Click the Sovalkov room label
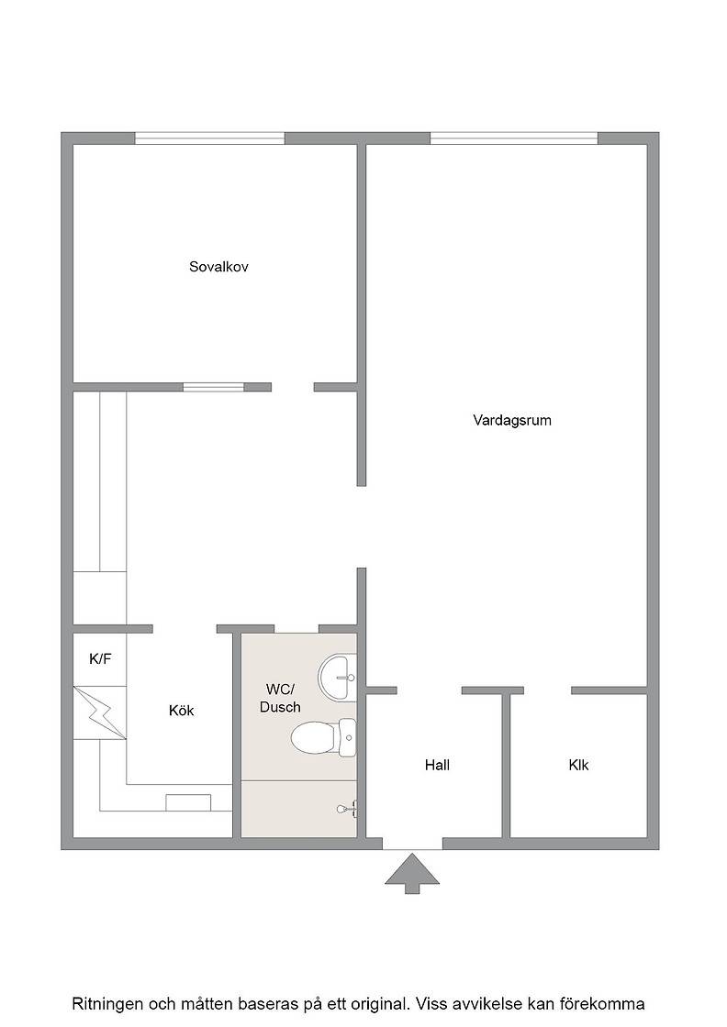pos(218,267)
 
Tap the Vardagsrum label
pos(512,421)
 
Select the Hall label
pos(437,765)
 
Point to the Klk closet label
pos(579,765)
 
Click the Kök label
pos(181,711)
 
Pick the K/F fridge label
pos(100,659)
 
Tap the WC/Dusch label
pos(280,698)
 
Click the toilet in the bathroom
pos(324,737)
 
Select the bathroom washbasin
pos(337,678)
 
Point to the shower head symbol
pos(348,809)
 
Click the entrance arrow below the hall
pos(411,873)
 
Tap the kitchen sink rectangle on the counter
pos(188,803)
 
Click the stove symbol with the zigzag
pos(100,712)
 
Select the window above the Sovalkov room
pos(210,138)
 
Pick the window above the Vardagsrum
pos(514,138)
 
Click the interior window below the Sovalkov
pos(214,387)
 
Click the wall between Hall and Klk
pos(506,765)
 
